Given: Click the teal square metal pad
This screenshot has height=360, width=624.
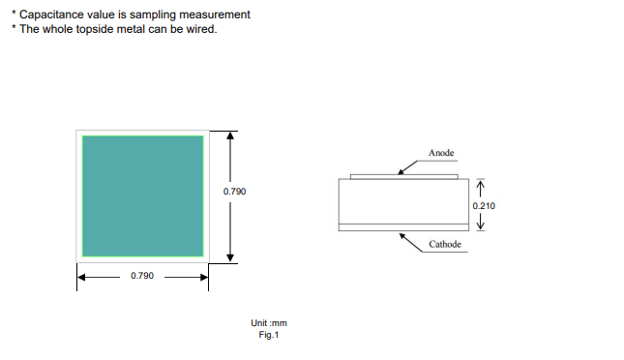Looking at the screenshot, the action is (143, 195).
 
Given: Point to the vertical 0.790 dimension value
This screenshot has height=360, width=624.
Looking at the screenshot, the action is (234, 192).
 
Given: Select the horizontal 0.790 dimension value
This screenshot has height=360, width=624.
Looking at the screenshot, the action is (142, 276).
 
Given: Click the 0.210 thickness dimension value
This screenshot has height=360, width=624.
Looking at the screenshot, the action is (484, 206).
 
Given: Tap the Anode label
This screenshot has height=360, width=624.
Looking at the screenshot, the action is (441, 153).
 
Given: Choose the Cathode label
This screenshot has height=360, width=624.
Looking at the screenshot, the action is (445, 244).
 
